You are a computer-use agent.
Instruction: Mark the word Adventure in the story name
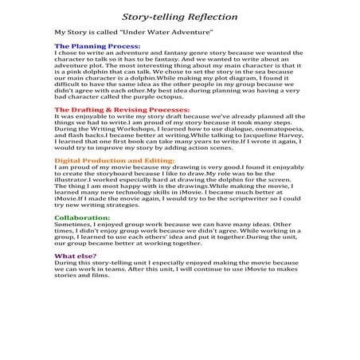pos(192,32)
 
